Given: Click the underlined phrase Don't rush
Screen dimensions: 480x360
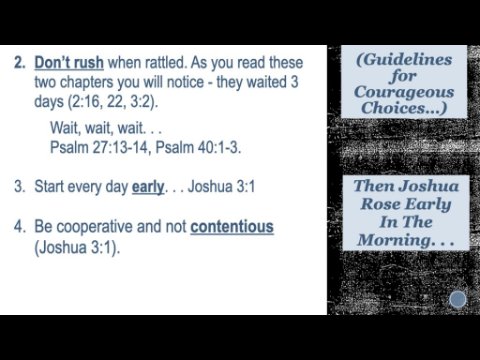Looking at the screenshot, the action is click(x=69, y=63).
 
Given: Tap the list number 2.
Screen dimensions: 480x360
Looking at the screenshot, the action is click(x=20, y=63).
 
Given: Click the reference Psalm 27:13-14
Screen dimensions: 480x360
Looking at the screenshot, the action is click(x=99, y=147).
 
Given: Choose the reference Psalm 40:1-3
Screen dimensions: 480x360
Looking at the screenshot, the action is click(x=198, y=147).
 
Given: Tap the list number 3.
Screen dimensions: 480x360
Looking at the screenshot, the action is click(x=20, y=186).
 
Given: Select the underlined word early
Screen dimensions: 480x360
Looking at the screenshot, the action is click(x=148, y=187).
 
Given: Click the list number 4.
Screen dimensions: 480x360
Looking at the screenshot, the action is click(x=20, y=227).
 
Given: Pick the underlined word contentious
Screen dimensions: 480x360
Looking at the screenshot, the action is click(x=232, y=227).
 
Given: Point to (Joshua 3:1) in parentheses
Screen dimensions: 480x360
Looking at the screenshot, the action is click(x=77, y=247).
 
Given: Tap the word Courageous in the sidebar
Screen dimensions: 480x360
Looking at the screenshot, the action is click(x=404, y=92).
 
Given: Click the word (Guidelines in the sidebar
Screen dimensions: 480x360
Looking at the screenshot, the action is click(x=404, y=60).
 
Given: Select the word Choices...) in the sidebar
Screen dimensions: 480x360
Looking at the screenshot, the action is click(x=404, y=108).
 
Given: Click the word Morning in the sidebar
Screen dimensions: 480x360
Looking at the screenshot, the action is click(x=394, y=240).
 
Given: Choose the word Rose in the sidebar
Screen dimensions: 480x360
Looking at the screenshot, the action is click(x=376, y=203).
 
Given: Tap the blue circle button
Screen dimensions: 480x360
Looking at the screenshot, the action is click(x=458, y=299).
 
